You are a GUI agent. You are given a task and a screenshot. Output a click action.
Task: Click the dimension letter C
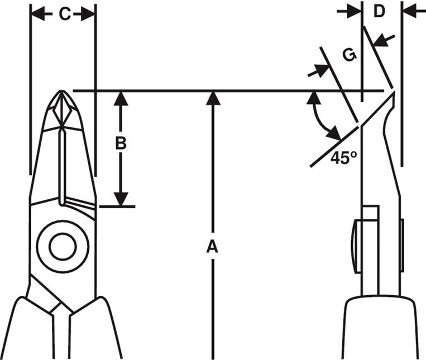point(65,14)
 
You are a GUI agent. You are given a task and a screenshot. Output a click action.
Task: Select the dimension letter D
point(379,11)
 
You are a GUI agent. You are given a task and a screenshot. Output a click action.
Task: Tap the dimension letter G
point(350,55)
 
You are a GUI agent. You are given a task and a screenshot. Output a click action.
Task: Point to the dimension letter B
point(121,143)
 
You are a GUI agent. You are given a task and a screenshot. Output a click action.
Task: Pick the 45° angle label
point(343,158)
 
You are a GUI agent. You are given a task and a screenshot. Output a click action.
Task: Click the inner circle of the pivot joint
point(63,247)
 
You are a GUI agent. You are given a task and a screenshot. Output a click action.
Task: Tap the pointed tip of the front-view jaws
point(62,90)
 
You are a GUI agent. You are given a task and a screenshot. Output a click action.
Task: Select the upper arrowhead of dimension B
point(121,99)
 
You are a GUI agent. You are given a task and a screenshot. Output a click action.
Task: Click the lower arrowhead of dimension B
point(121,199)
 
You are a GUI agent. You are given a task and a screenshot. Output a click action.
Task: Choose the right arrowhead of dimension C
point(88,13)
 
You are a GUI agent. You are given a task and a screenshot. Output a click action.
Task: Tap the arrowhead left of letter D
point(355,11)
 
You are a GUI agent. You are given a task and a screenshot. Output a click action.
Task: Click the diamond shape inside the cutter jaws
point(62,111)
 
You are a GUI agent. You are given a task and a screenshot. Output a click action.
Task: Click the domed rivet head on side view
point(356,247)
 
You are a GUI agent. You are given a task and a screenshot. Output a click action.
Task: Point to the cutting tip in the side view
point(394,92)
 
